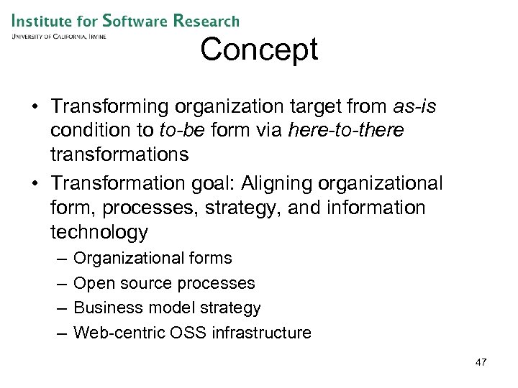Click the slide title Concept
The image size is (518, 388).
[x=259, y=50]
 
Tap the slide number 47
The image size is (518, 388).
[x=481, y=362]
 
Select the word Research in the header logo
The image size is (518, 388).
[x=207, y=22]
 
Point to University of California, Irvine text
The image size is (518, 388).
[x=58, y=36]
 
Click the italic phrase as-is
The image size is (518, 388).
[x=415, y=106]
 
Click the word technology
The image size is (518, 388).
[x=99, y=232]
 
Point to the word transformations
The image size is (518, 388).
[x=120, y=154]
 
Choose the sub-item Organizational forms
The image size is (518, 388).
[x=153, y=258]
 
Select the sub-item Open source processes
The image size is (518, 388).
[x=164, y=283]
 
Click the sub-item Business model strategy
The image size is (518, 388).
[x=167, y=308]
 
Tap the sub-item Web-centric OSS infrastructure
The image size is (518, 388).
[x=192, y=333]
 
